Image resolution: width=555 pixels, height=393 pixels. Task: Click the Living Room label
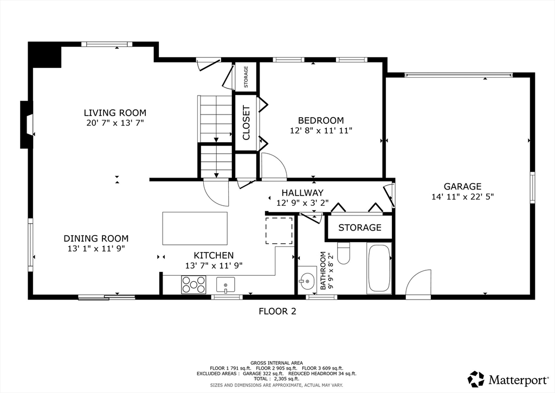[x=115, y=113]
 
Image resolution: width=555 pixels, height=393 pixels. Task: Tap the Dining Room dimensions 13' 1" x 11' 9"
[x=96, y=249]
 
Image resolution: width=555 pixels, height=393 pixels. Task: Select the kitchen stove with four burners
[x=193, y=284]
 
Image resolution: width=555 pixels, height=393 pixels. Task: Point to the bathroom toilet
[x=343, y=253]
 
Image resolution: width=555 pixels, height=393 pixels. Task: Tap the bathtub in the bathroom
[x=379, y=268]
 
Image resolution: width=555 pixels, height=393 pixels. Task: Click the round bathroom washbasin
[x=307, y=282]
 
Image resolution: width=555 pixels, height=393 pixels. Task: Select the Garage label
[x=462, y=186]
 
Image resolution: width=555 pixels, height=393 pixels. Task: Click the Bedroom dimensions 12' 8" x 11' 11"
[x=321, y=131]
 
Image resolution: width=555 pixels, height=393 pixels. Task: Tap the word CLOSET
[x=246, y=123]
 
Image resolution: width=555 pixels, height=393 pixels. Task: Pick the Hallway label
[x=302, y=193]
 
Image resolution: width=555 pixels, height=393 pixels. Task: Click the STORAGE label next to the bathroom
[x=360, y=227]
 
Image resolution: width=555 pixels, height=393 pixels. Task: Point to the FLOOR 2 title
[x=277, y=312]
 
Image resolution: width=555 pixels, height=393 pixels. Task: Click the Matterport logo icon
[x=476, y=379]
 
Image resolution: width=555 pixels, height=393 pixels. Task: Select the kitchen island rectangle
[x=195, y=229]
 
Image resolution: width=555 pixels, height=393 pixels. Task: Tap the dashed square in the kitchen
[x=279, y=231]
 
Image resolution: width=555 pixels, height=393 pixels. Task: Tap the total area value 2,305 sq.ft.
[x=287, y=379]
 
